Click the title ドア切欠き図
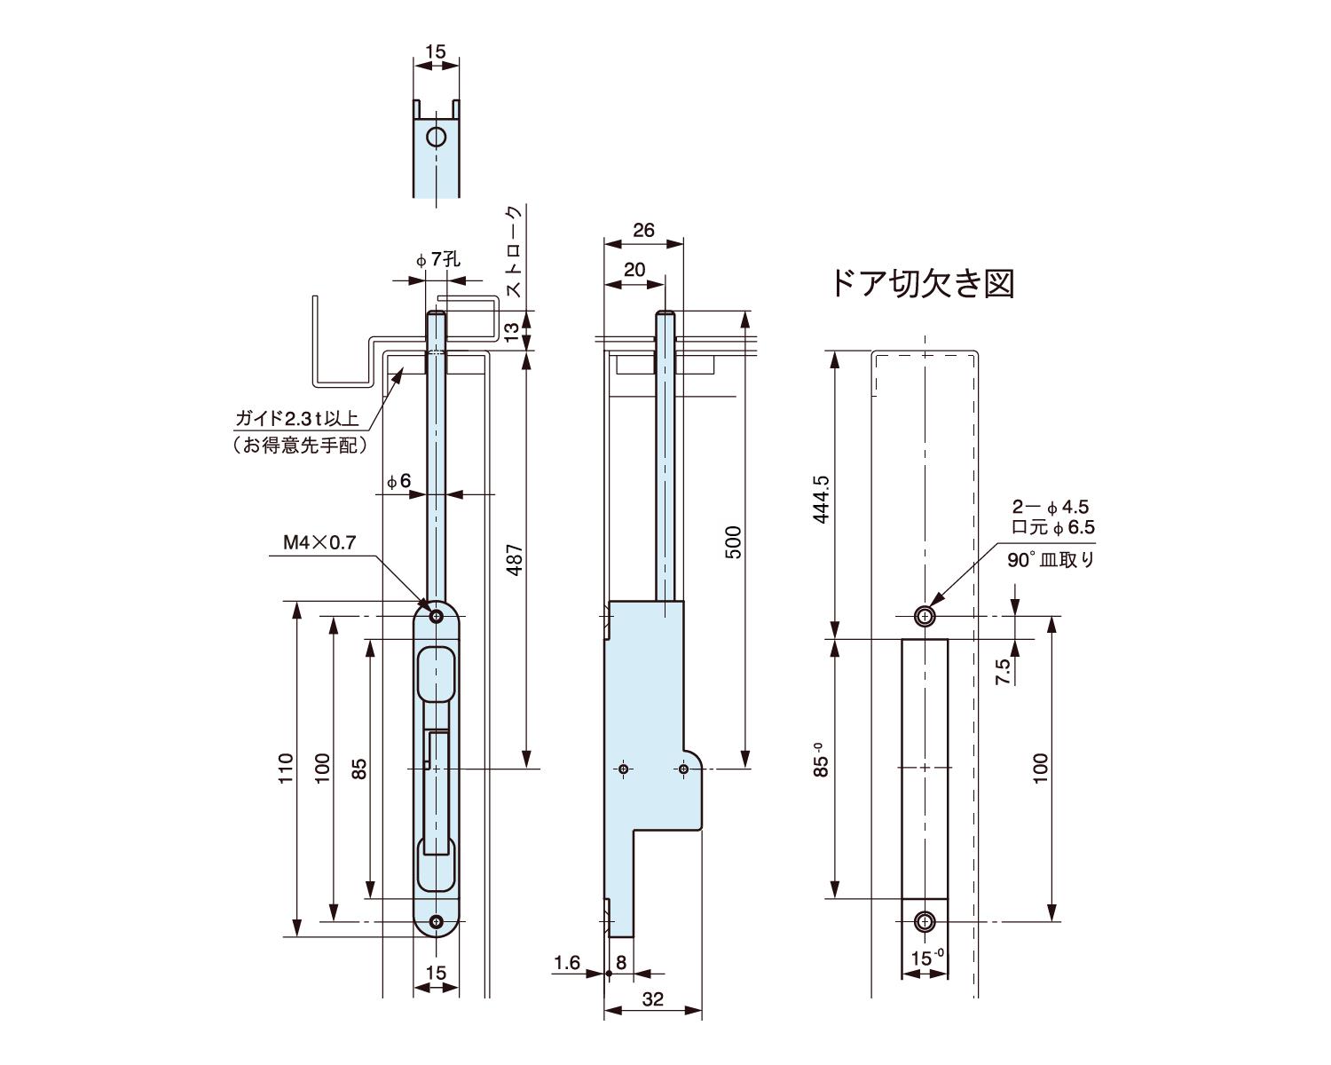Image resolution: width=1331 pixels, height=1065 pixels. [x=922, y=283]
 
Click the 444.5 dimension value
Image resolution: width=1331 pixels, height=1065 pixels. [x=821, y=499]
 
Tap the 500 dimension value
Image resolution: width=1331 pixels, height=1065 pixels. [x=733, y=542]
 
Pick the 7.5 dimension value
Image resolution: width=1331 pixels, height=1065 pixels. [x=1003, y=670]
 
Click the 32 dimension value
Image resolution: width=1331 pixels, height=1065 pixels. [x=652, y=999]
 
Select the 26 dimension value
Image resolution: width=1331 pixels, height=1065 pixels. [x=643, y=231]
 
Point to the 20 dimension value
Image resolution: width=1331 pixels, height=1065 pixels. [x=634, y=270]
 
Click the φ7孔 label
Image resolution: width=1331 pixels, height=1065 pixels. [x=438, y=259]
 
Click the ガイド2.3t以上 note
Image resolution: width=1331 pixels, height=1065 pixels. [x=296, y=418]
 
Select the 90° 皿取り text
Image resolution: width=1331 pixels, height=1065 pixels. [x=1051, y=560]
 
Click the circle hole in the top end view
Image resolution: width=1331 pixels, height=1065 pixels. [x=436, y=138]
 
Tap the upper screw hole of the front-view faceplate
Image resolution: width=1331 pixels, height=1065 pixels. [x=436, y=616]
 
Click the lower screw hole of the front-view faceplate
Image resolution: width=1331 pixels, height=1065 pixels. [x=436, y=923]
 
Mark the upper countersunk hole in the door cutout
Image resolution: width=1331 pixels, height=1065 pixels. [x=925, y=616]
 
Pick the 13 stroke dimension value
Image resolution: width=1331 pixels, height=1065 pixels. [x=511, y=332]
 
